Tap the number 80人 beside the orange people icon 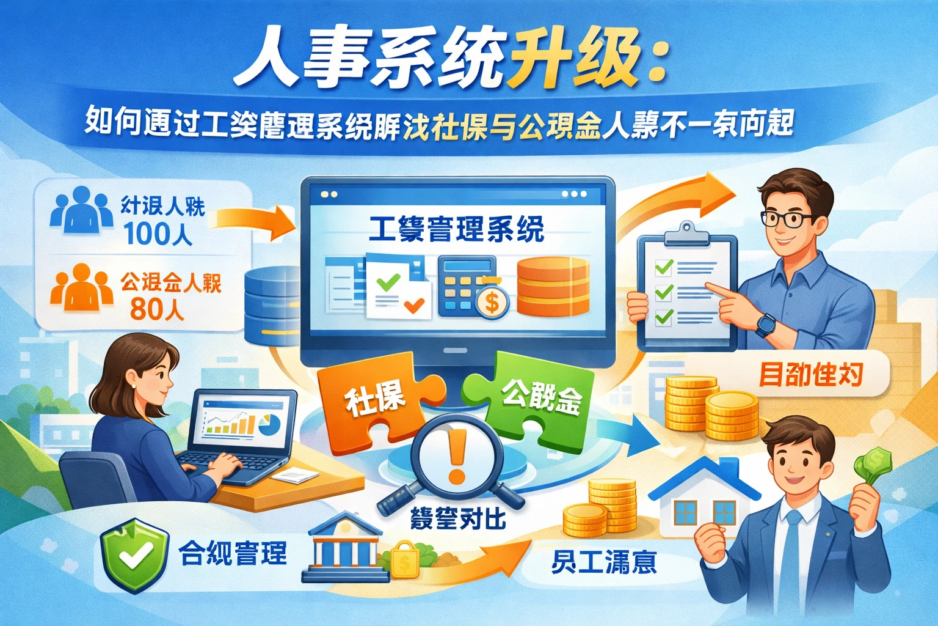(x=156, y=309)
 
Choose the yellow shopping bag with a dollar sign (x=404, y=561)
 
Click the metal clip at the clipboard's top (x=686, y=234)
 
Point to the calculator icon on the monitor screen (x=465, y=285)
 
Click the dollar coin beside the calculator (x=492, y=301)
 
